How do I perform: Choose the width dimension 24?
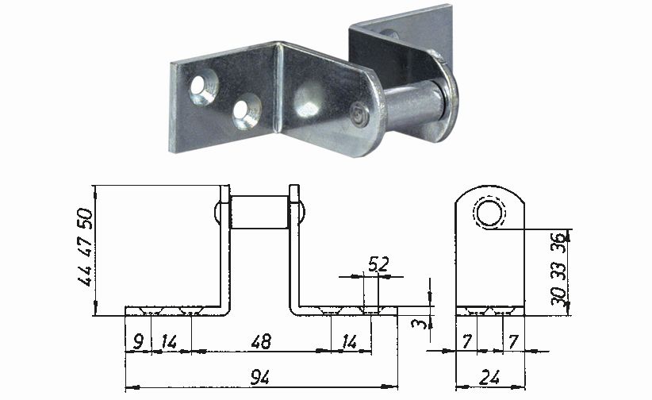(491, 378)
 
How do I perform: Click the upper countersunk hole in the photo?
(203, 87)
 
